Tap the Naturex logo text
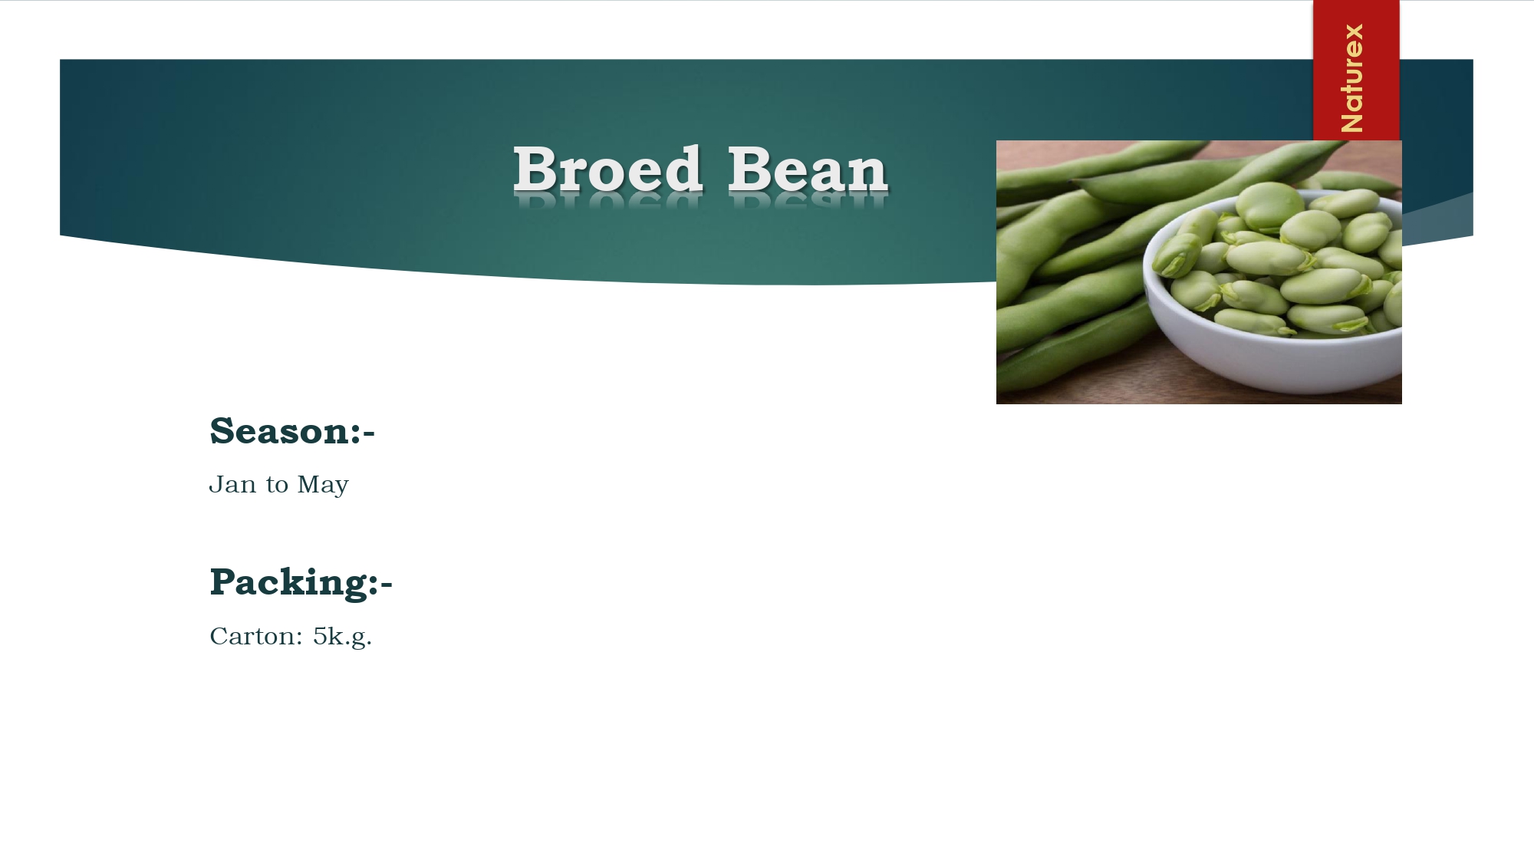[1352, 77]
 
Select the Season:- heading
[292, 431]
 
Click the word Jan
[233, 485]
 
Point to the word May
[323, 486]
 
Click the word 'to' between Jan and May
[277, 486]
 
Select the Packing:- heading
[301, 582]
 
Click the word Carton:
[256, 637]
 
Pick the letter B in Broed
[535, 169]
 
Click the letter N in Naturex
[1352, 120]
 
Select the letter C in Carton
[219, 637]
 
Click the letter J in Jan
[216, 485]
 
